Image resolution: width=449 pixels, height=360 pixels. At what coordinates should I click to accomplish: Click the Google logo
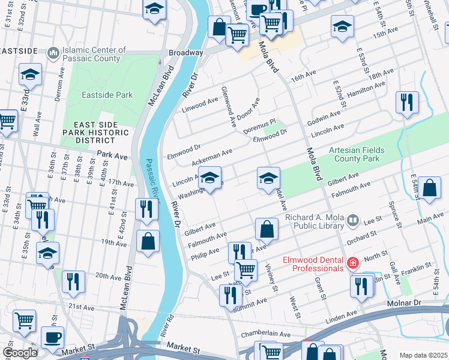coord(20,352)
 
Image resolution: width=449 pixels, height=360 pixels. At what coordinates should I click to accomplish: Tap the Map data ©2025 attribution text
coord(423,355)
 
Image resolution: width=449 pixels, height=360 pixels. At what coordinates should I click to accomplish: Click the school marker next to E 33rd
coord(30,74)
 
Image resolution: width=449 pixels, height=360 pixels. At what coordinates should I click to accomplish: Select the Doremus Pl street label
coord(259,125)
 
